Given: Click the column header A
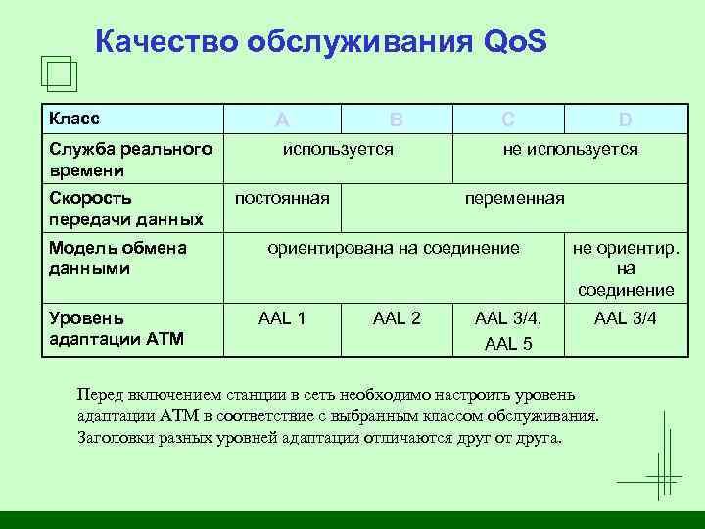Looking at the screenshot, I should click(x=282, y=120).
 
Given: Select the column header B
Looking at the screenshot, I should click(x=396, y=120).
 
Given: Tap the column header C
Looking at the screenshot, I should click(x=507, y=120).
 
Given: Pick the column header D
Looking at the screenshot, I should click(x=625, y=120).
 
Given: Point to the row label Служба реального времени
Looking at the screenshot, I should click(x=130, y=159).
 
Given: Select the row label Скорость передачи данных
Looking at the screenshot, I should click(x=125, y=209).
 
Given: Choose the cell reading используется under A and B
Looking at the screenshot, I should click(x=338, y=149).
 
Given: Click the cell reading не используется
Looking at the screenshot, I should click(x=570, y=149).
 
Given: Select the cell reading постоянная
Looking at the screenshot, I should click(x=282, y=199).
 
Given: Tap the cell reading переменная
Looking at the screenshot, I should click(x=514, y=199).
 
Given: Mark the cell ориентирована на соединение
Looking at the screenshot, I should click(x=394, y=248).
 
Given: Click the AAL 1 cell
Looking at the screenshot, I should click(x=282, y=317).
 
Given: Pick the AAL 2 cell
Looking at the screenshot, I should click(x=397, y=317).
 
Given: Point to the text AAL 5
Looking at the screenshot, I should click(x=507, y=344).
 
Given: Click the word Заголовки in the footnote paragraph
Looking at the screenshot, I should click(x=114, y=437).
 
